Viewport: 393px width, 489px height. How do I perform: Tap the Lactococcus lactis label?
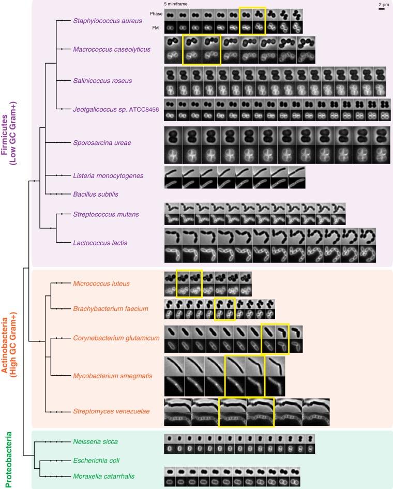[x=100, y=242]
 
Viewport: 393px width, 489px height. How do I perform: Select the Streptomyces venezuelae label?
[x=111, y=411]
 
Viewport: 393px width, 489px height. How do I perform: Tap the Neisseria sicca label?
[x=96, y=441]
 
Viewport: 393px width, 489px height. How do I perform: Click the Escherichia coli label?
[x=97, y=460]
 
